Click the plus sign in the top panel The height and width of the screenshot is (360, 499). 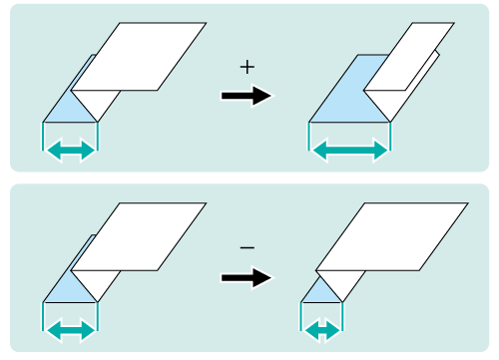(248, 68)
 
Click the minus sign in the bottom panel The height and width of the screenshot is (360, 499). (248, 247)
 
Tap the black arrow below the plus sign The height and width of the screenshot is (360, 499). (247, 96)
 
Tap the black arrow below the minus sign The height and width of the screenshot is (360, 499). (247, 277)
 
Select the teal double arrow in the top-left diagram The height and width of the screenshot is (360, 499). (71, 151)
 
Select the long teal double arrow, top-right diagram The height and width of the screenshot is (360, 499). (350, 151)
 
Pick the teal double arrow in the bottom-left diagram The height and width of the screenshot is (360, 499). (71, 331)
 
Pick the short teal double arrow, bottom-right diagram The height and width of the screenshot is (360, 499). (322, 331)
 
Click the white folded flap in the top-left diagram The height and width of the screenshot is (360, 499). (98, 103)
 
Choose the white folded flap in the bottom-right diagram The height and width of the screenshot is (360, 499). (343, 282)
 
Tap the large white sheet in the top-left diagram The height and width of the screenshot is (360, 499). (139, 57)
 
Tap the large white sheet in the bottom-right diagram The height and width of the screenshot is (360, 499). (392, 236)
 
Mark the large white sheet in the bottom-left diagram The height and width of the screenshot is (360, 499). (139, 236)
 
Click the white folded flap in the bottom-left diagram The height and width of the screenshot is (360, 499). (98, 283)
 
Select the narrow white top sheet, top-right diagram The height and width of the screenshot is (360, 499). (409, 57)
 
